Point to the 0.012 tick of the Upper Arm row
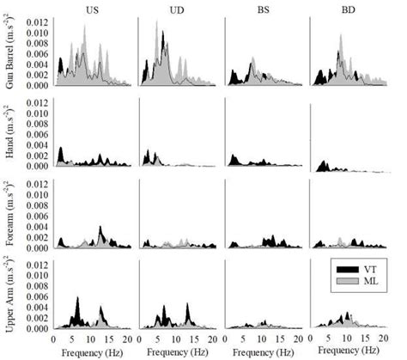coord(37,265)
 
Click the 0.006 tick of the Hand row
coord(37,135)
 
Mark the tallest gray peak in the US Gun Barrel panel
coord(84,27)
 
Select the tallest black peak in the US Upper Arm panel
coord(77,298)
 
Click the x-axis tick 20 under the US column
coord(127,339)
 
